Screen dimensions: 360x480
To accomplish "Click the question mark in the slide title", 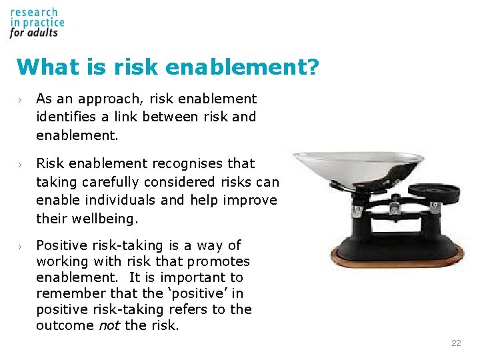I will (312, 67).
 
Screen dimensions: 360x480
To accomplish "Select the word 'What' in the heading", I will (42, 67).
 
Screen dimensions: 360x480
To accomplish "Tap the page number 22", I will (456, 343).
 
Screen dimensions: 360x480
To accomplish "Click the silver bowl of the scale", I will (358, 167).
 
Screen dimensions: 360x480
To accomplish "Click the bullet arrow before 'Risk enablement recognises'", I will (21, 164).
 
